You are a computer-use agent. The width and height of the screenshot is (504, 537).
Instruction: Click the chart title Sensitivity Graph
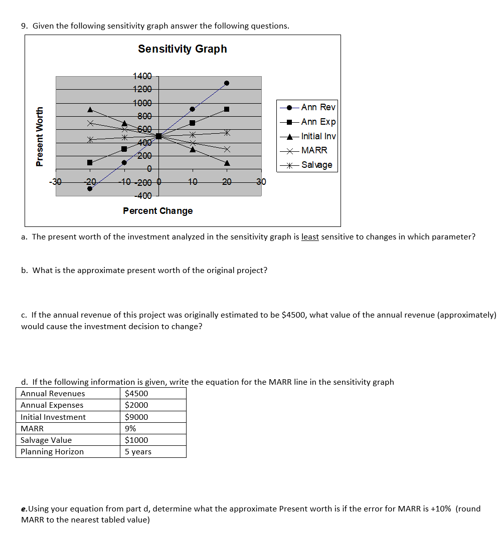coord(183,49)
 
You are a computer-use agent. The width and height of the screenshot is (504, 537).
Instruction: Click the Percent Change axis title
coord(158,211)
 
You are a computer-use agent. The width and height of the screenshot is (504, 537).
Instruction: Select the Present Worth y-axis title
coord(40,136)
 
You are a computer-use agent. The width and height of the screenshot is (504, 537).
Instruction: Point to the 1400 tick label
coord(142,76)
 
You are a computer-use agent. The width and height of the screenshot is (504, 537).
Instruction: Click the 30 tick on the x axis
coord(261,182)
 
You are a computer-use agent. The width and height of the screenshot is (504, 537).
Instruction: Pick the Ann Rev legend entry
coord(318,107)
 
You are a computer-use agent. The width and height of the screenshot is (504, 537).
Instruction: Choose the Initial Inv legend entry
coord(318,136)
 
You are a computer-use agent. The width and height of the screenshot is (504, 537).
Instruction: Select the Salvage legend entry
coord(316,165)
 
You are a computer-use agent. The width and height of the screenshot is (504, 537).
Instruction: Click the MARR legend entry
coord(314,150)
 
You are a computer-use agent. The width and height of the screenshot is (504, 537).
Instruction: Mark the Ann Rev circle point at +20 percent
coord(227,83)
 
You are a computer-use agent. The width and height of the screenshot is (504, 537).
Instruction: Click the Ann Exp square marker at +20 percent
coord(227,109)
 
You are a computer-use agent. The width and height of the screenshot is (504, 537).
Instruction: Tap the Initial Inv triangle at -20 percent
coord(90,109)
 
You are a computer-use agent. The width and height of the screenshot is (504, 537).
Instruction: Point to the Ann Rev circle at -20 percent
coord(90,188)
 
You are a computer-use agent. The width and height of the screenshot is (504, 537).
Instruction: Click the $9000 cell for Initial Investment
coord(136,417)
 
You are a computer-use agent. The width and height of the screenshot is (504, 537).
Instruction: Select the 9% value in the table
coord(130,428)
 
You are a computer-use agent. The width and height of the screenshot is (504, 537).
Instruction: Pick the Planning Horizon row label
coord(52,452)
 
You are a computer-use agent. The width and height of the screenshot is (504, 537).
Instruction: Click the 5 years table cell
coord(138,452)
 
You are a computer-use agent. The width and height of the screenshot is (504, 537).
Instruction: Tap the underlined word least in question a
coord(310,237)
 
